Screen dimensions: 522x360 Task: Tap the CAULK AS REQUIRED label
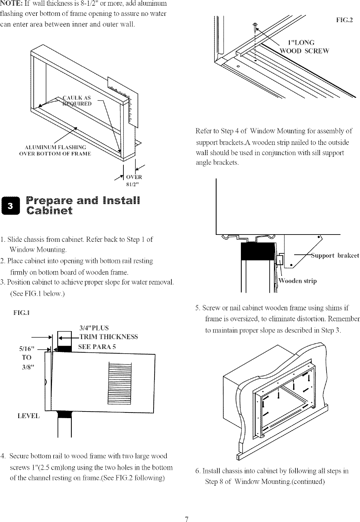point(77,100)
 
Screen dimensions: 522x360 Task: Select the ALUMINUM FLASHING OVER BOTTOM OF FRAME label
point(56,151)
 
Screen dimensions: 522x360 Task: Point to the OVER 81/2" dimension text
point(134,181)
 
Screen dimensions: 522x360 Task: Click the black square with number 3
point(11,206)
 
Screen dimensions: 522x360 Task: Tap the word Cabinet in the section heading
point(49,211)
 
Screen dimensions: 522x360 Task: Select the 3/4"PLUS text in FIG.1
point(94,328)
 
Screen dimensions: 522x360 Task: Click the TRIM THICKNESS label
point(108,337)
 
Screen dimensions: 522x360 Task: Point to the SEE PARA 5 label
point(97,347)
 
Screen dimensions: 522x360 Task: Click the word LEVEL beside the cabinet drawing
point(28,416)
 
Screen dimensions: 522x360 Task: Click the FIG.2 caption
point(344,20)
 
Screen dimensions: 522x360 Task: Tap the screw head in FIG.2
point(255,24)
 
